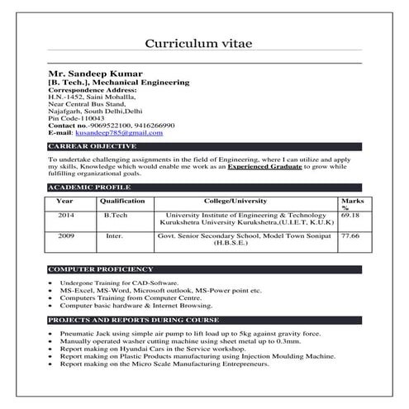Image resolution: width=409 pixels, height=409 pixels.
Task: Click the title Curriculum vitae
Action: (x=204, y=43)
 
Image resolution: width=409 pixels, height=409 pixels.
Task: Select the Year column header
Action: (x=64, y=201)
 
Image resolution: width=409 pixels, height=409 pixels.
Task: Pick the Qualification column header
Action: (x=121, y=201)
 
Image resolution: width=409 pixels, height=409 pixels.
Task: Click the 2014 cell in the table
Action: (x=65, y=215)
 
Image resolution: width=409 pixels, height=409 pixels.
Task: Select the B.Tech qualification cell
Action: (x=116, y=215)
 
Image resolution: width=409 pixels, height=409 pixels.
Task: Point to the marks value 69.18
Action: (x=350, y=215)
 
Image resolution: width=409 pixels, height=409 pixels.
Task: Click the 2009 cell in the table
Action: (x=65, y=235)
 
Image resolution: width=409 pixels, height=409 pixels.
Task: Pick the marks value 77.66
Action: (x=350, y=235)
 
